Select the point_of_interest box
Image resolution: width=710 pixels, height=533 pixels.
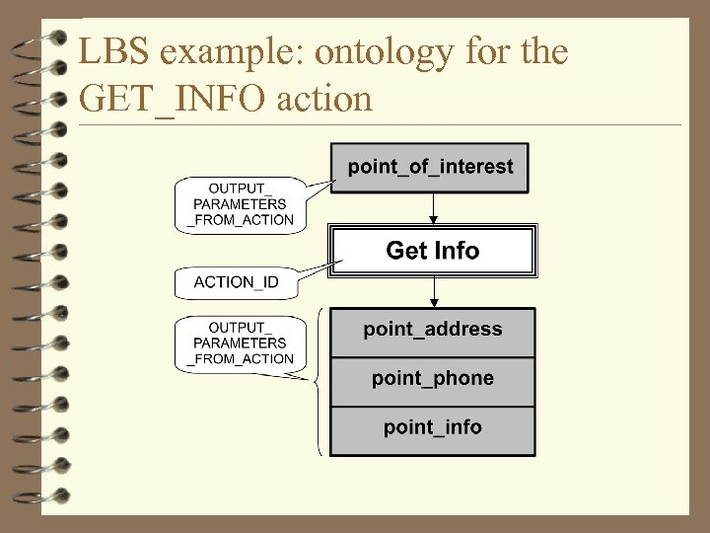430,167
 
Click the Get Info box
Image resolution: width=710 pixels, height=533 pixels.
432,251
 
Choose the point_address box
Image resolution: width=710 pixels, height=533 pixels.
432,331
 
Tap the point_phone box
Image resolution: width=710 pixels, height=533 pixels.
432,379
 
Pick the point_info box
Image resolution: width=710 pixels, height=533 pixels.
432,428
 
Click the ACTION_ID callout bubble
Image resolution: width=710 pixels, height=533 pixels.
237,283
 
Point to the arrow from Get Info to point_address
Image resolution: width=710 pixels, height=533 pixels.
432,291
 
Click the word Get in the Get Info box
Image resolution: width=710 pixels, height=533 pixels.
405,251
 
